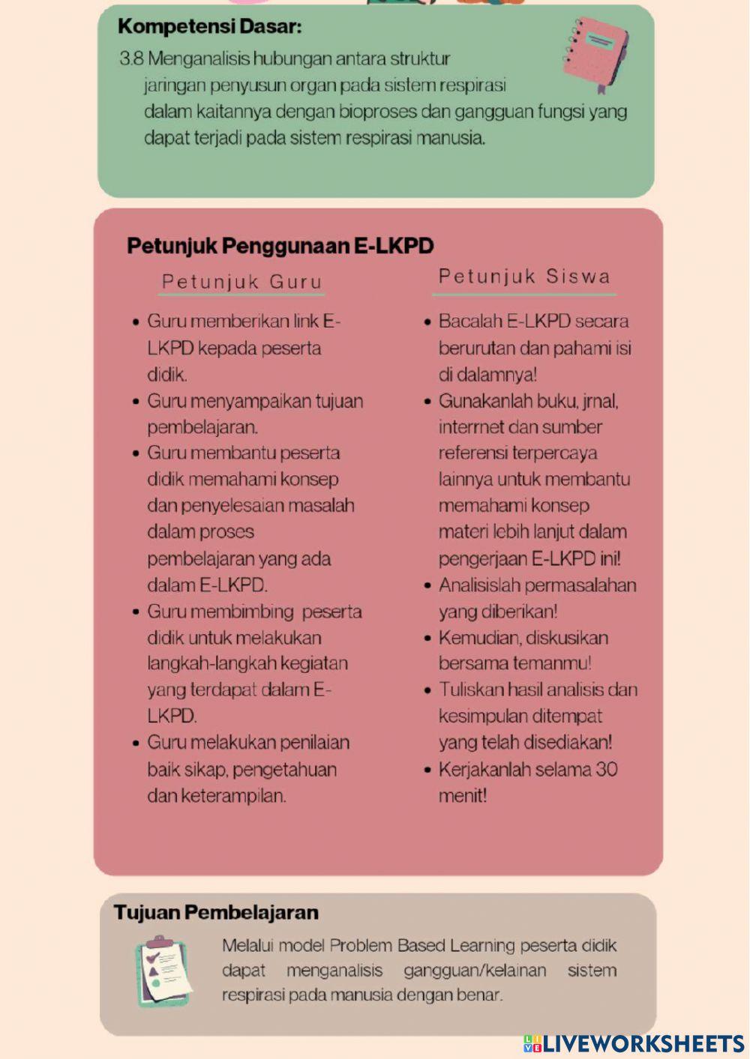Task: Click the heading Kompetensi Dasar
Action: (210, 27)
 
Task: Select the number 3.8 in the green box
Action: (131, 58)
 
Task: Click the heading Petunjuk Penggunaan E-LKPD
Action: (280, 246)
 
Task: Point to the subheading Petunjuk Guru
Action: (241, 282)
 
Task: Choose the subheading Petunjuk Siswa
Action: (524, 277)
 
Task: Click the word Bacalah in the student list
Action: (470, 322)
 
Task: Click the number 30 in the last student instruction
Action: (606, 770)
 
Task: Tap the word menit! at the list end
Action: (463, 795)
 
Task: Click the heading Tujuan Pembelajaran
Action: (216, 912)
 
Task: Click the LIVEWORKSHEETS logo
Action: (634, 1044)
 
